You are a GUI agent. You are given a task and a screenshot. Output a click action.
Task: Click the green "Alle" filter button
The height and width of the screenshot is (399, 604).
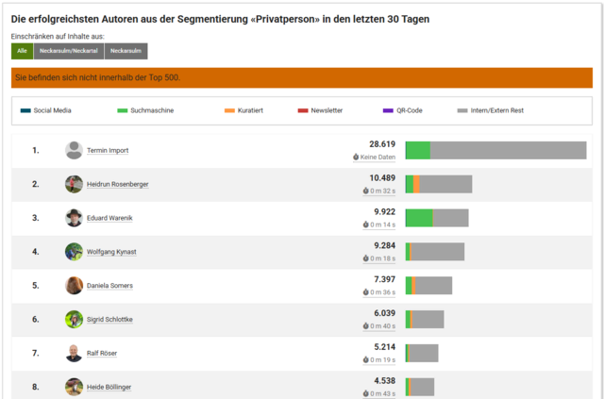(x=22, y=51)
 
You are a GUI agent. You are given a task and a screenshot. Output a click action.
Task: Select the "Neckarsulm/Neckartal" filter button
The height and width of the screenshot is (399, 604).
(x=69, y=51)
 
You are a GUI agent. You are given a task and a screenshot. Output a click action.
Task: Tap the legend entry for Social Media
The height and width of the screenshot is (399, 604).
(x=46, y=110)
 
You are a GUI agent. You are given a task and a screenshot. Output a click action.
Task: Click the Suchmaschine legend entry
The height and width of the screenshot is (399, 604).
(x=145, y=110)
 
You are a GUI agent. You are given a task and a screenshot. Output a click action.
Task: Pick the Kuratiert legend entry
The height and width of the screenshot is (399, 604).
(x=243, y=110)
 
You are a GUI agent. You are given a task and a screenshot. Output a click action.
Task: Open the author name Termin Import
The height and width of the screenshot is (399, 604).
(x=108, y=150)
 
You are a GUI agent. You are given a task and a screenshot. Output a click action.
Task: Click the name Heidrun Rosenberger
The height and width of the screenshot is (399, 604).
(x=117, y=184)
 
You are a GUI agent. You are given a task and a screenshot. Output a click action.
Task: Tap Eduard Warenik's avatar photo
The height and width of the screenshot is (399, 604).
(x=74, y=218)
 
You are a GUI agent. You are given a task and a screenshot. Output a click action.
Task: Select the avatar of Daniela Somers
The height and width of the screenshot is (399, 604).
(x=74, y=286)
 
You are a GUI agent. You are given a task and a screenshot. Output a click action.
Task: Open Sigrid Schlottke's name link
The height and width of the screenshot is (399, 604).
(x=109, y=320)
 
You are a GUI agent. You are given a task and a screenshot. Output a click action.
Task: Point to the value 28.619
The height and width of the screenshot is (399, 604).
(x=381, y=144)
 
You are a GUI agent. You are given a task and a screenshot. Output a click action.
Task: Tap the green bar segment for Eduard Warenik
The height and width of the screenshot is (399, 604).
(x=418, y=218)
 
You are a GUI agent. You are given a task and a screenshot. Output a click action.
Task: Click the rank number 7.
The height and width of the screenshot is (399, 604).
(x=36, y=354)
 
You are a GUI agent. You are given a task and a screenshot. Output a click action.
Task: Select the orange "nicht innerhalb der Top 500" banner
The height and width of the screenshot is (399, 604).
(x=302, y=77)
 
